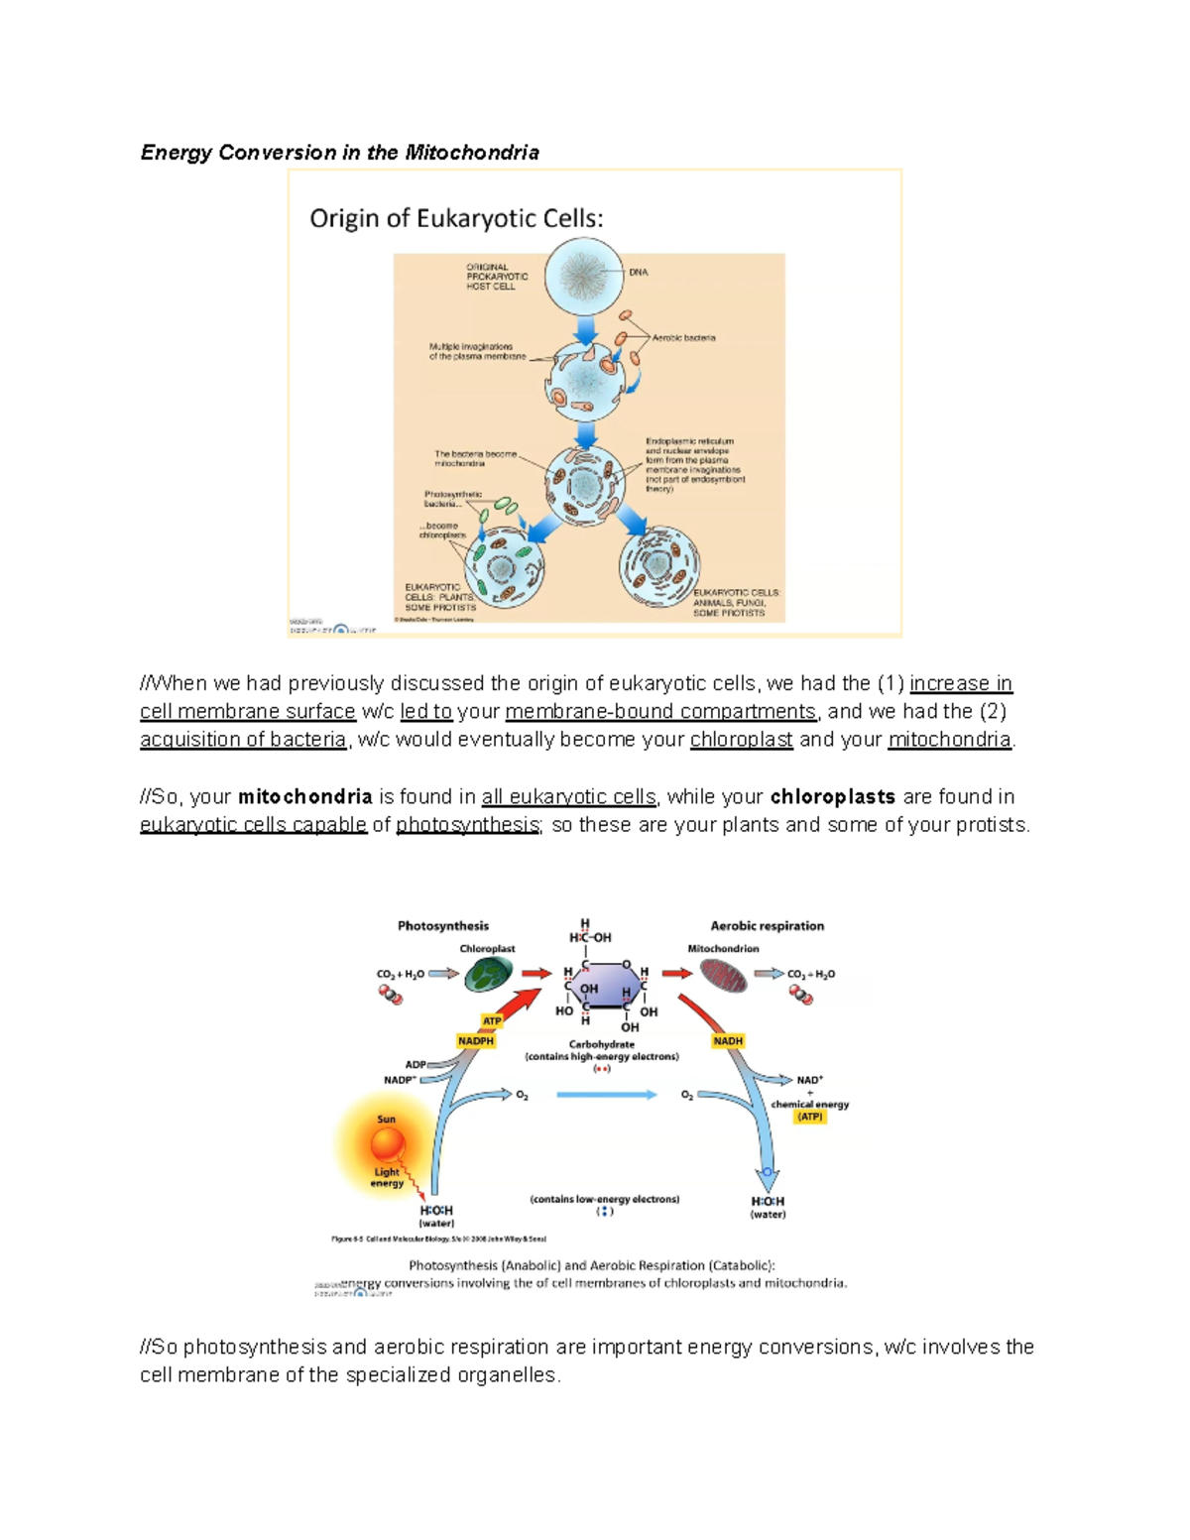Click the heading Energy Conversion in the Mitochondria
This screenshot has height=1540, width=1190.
click(339, 153)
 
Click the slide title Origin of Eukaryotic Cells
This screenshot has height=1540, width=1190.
click(456, 218)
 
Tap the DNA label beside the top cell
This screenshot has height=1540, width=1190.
click(638, 272)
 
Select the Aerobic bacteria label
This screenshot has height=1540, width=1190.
click(683, 338)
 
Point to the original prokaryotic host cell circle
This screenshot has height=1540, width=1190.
click(585, 275)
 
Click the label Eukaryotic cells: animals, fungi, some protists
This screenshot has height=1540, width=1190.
click(736, 603)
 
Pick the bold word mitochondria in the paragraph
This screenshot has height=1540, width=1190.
click(305, 797)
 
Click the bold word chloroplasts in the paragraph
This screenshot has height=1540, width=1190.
click(832, 797)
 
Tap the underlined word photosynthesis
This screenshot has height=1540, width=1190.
click(467, 825)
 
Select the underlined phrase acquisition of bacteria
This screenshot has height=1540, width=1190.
click(243, 740)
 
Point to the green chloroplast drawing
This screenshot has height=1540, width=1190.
click(487, 976)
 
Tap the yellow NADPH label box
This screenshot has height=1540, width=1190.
click(475, 1041)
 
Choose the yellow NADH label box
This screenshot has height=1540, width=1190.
click(728, 1041)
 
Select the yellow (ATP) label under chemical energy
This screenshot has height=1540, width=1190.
click(810, 1117)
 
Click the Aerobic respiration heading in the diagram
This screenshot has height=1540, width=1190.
click(767, 926)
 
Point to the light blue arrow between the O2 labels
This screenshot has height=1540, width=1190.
click(606, 1095)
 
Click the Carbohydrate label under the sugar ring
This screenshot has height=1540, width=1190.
click(601, 1044)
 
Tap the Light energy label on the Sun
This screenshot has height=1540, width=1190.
click(387, 1177)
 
